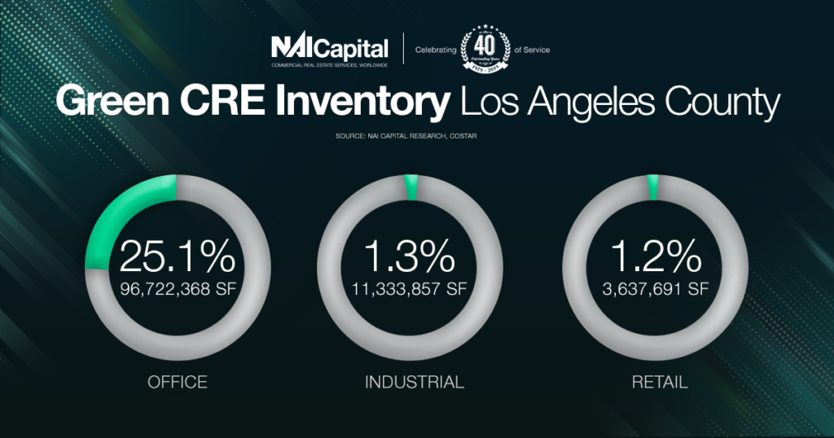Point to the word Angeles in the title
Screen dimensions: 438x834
pyautogui.click(x=590, y=104)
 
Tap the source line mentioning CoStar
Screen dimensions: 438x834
pyautogui.click(x=416, y=134)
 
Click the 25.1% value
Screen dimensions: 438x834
pyautogui.click(x=177, y=257)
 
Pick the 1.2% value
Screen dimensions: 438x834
pyautogui.click(x=654, y=257)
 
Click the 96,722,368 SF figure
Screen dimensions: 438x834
pyautogui.click(x=177, y=288)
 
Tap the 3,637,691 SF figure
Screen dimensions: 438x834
pyautogui.click(x=654, y=288)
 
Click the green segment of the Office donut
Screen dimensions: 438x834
pyautogui.click(x=122, y=212)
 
